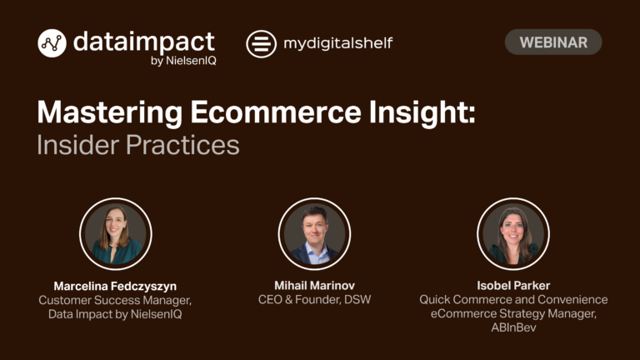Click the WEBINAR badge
point(553,42)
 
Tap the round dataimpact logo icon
point(52,42)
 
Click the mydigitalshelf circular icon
point(261,43)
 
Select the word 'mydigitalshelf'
point(338,43)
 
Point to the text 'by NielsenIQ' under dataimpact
point(183,61)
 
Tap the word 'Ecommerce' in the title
point(276,112)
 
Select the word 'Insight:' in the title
point(422,113)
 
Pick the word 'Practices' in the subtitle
point(182,145)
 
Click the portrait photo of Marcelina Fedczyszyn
point(116,234)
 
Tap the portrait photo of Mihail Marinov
point(314,234)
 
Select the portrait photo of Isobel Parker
point(513,234)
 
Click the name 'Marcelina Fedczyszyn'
point(115,286)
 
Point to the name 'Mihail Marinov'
point(314,285)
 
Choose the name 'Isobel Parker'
point(513,285)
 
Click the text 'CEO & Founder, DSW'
point(314,300)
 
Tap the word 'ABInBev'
point(513,327)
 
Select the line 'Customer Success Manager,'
point(115,300)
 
